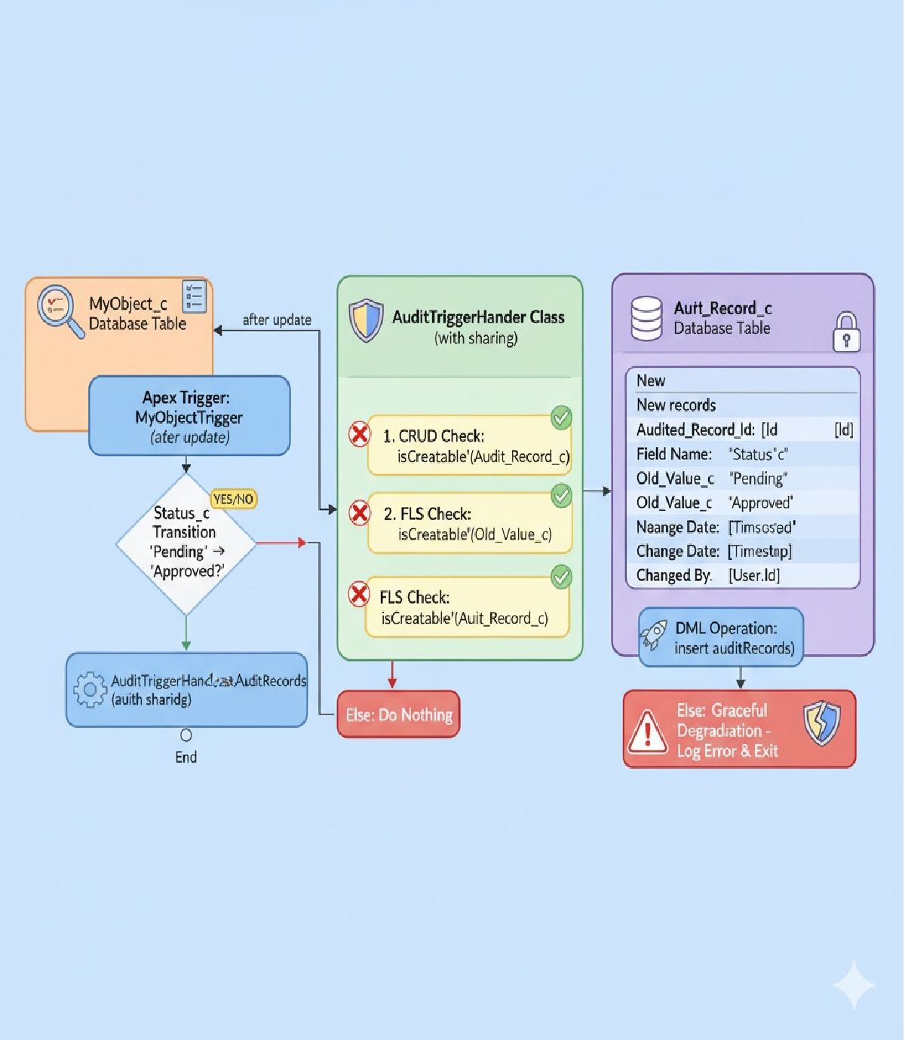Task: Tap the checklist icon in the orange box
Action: (194, 296)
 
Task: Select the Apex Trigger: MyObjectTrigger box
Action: (189, 416)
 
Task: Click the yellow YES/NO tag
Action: (233, 499)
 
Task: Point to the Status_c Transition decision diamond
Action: (186, 543)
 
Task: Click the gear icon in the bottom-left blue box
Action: (90, 689)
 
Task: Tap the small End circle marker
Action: (186, 735)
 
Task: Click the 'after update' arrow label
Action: (277, 320)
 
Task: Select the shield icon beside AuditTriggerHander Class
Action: (367, 320)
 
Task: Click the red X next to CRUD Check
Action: (360, 434)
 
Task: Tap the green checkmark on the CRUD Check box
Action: (561, 418)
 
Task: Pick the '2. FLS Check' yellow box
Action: (469, 524)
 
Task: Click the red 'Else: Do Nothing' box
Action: (398, 714)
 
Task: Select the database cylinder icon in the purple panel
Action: (646, 318)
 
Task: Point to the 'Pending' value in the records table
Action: (758, 479)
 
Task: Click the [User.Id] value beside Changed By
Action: (754, 576)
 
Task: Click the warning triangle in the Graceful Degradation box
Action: (648, 732)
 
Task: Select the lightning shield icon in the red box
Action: (821, 723)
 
